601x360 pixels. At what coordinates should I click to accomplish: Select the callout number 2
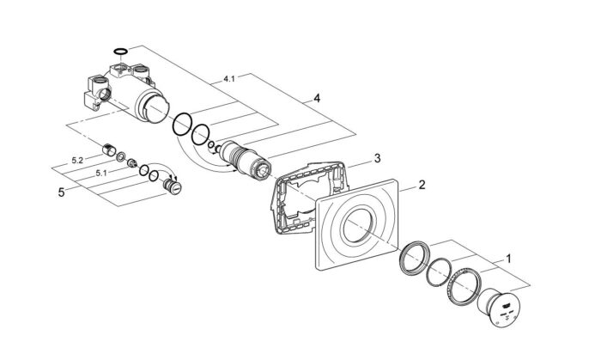coord(422,185)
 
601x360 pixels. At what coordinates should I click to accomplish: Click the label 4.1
coord(229,79)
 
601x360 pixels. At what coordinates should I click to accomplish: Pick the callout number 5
coord(61,192)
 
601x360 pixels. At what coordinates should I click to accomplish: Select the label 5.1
coord(100,173)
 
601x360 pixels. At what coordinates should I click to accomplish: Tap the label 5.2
coord(77,161)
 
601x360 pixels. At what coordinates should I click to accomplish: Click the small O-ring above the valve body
coord(120,51)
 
